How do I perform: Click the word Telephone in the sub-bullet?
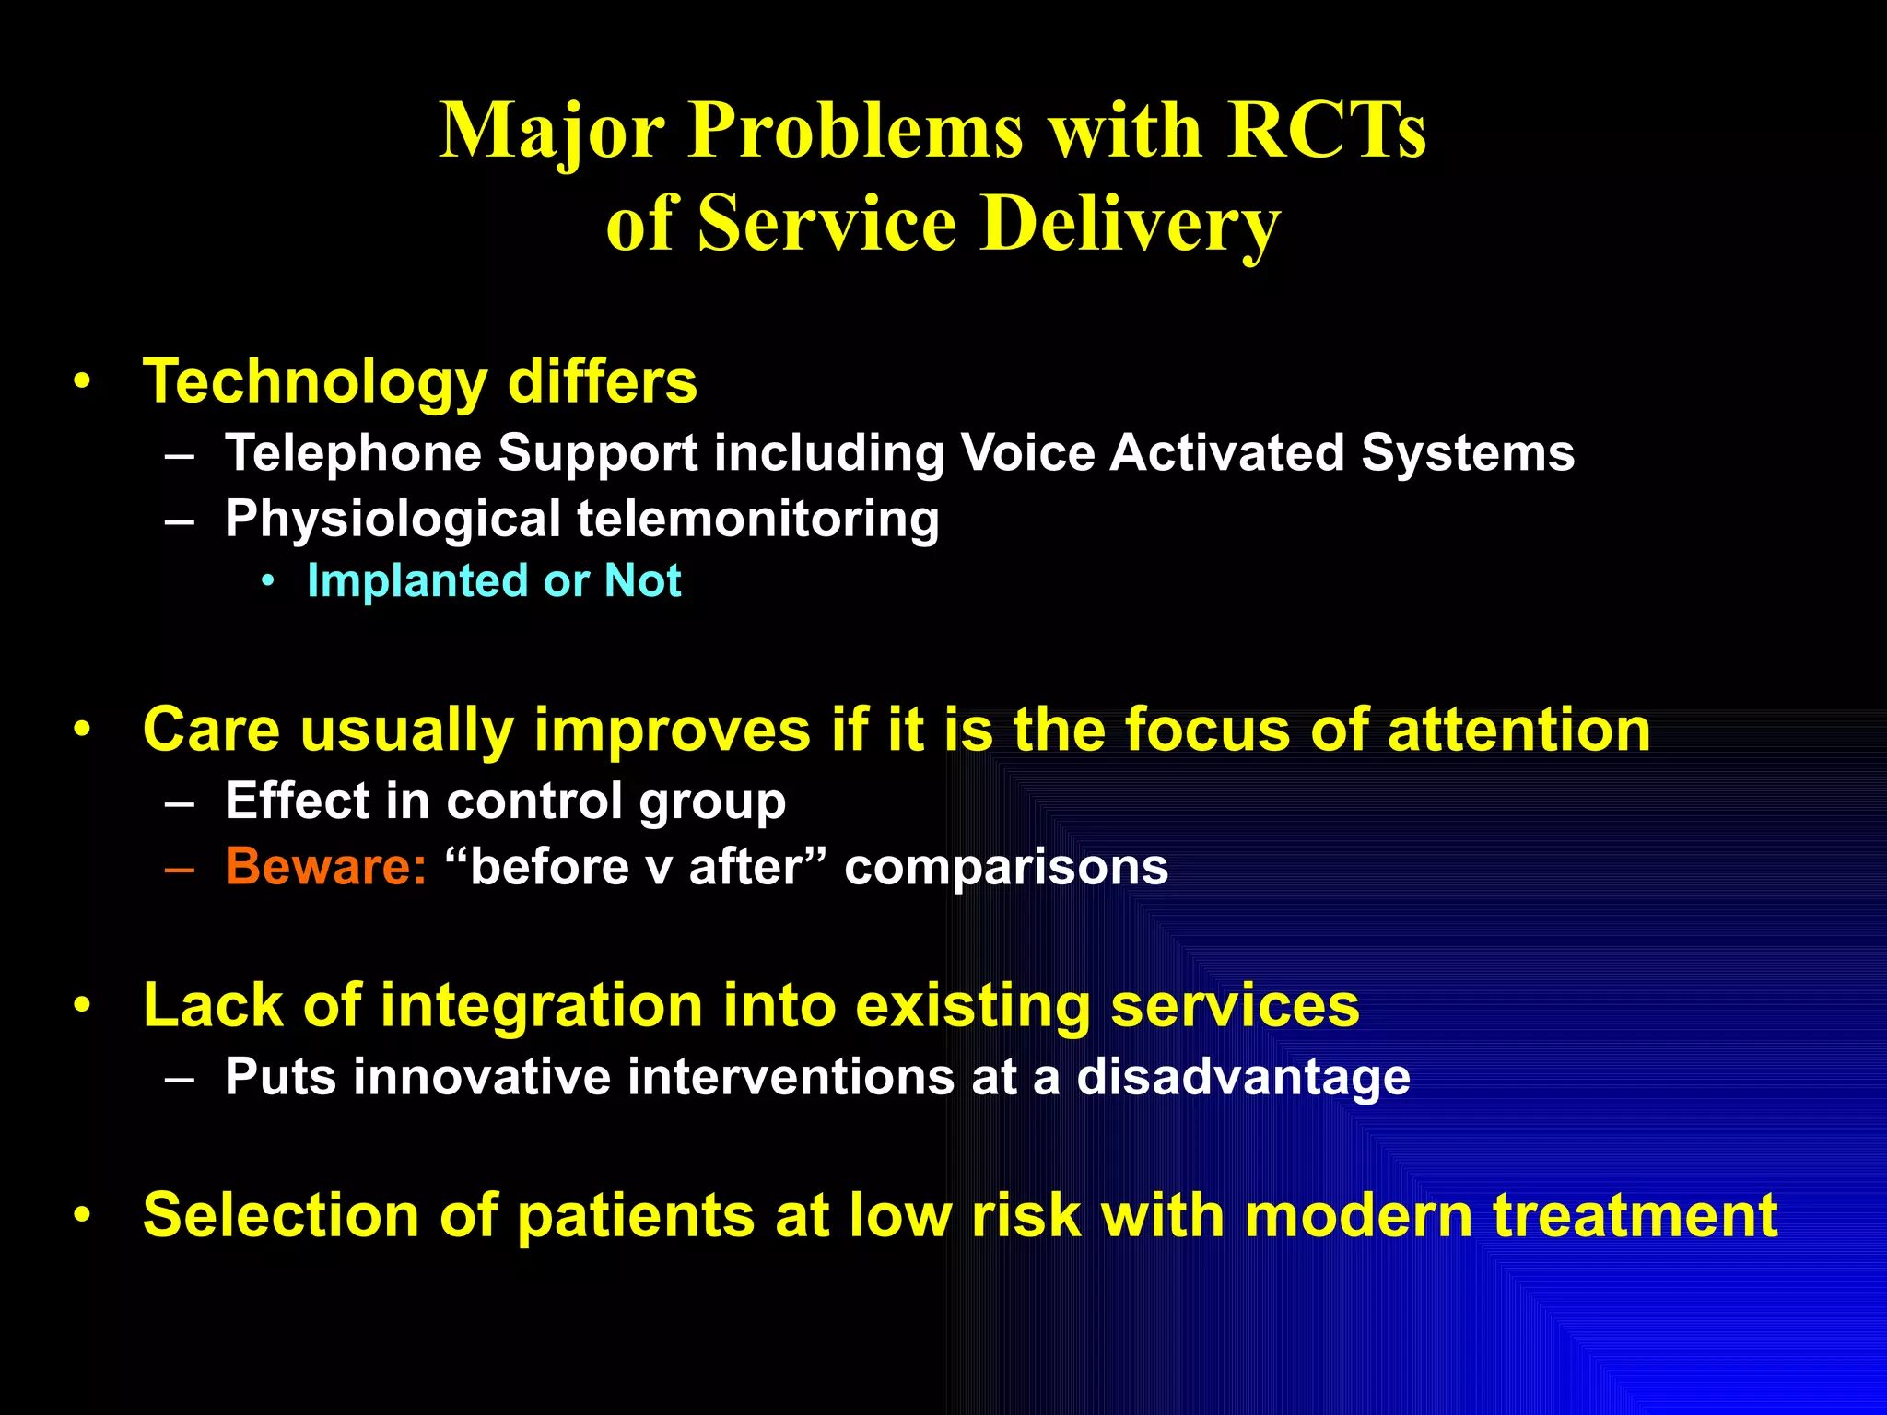click(354, 453)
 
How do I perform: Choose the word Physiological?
click(393, 519)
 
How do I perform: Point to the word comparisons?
click(1006, 867)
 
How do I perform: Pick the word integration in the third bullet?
click(541, 1005)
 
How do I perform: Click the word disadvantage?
click(1243, 1077)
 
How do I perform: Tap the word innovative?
click(482, 1077)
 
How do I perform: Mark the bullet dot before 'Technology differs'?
click(83, 381)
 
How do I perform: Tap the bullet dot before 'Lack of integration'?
click(83, 1005)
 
